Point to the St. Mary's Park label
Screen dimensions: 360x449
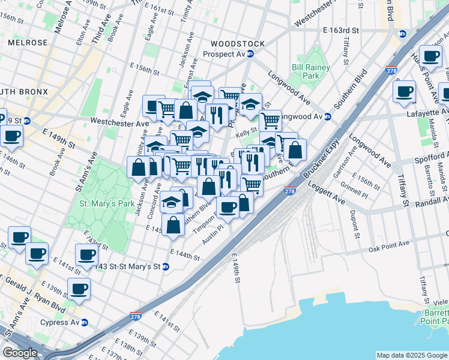(107, 203)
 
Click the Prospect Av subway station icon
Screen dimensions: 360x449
(250, 54)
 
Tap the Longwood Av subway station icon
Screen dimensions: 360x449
(328, 116)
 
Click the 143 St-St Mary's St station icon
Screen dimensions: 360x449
(166, 266)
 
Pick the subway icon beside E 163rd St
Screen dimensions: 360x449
(402, 32)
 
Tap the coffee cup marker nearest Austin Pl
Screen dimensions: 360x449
(228, 207)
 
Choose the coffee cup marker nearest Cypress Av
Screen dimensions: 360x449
(79, 289)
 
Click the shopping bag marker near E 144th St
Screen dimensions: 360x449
(173, 225)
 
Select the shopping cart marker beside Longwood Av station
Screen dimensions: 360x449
(270, 120)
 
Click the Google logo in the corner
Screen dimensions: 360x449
(19, 353)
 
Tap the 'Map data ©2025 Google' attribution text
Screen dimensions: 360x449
(411, 355)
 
